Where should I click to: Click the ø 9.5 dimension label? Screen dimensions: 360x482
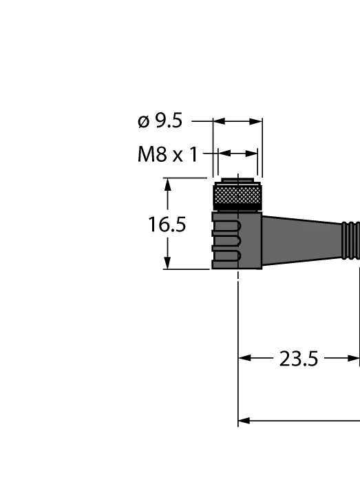tap(160, 120)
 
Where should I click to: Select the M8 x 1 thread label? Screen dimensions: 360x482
tap(168, 154)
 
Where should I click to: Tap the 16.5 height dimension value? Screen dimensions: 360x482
tap(167, 224)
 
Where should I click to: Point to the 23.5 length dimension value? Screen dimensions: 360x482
tap(299, 359)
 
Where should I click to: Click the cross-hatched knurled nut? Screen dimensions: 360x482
tap(237, 195)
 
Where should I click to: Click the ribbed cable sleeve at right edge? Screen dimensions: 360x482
tap(351, 240)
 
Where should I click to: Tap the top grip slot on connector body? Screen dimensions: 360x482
tap(226, 227)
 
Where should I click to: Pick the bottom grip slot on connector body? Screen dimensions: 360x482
tap(226, 255)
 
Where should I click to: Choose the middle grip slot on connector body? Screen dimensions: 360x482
tap(226, 241)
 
